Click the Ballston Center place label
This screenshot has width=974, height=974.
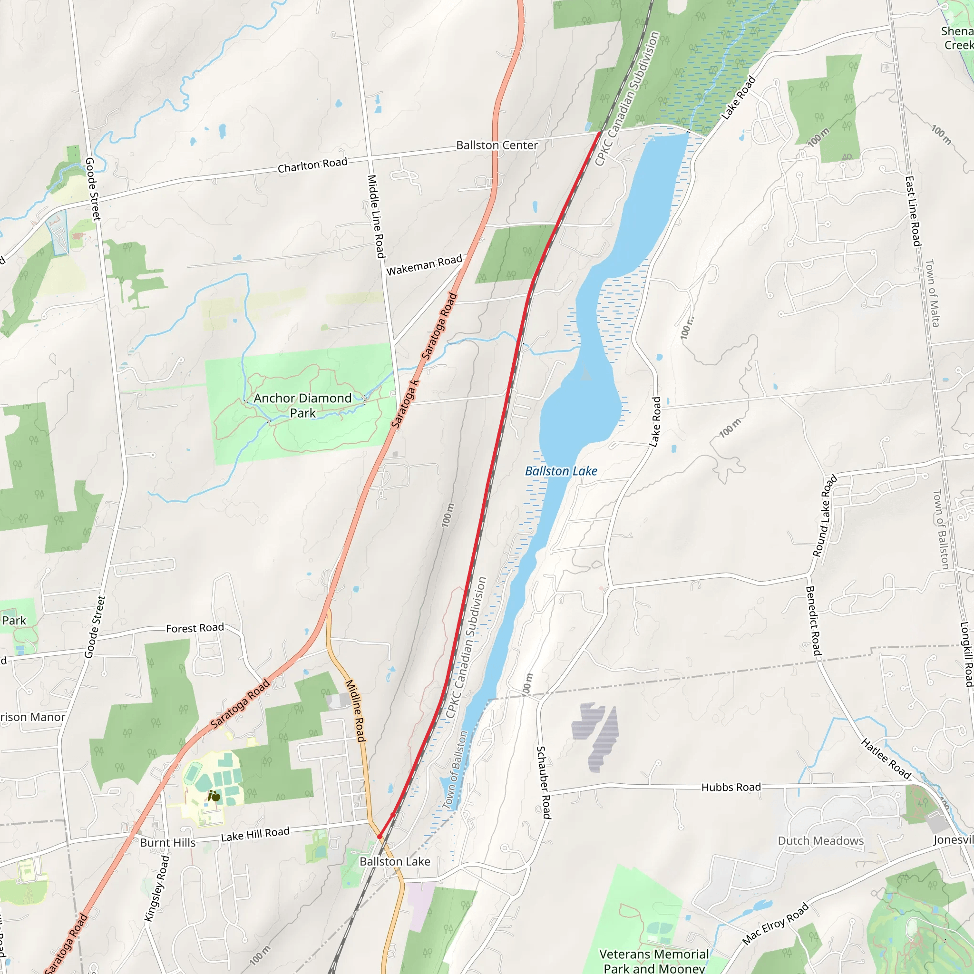497,145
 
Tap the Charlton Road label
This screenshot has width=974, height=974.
312,165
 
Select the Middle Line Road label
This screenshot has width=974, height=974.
376,216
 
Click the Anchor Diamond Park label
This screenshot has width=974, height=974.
302,405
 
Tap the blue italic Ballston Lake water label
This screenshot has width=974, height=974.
561,471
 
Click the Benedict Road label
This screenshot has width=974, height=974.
813,621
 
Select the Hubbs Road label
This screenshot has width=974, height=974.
731,787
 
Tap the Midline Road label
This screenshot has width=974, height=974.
355,711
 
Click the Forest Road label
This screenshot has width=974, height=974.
195,628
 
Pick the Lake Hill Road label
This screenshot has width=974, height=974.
255,834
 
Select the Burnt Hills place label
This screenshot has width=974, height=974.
167,843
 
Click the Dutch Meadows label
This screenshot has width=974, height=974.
820,841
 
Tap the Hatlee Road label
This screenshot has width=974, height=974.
886,759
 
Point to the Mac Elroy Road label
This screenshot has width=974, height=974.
775,924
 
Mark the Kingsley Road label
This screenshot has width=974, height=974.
156,888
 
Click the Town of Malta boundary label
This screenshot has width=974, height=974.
932,293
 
